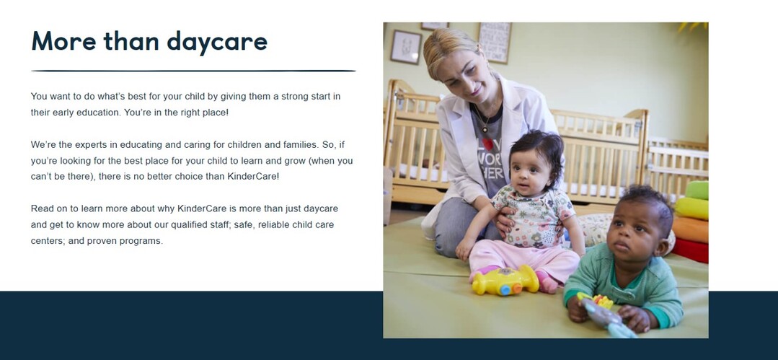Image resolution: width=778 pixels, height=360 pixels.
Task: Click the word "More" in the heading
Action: (x=63, y=40)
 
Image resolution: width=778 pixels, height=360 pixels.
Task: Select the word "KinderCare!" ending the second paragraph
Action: (x=253, y=176)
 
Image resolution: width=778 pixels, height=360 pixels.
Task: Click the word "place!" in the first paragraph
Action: (x=216, y=113)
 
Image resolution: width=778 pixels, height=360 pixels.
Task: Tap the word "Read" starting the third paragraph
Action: (x=41, y=208)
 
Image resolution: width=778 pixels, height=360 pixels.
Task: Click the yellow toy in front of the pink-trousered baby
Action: (x=505, y=281)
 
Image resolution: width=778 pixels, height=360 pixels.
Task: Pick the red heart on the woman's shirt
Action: (x=489, y=144)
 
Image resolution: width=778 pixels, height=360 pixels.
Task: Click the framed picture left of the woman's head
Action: (x=406, y=47)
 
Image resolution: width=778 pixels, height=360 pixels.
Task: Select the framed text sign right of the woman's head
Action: (x=494, y=43)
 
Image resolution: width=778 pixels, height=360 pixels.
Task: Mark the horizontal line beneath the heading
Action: (x=193, y=71)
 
